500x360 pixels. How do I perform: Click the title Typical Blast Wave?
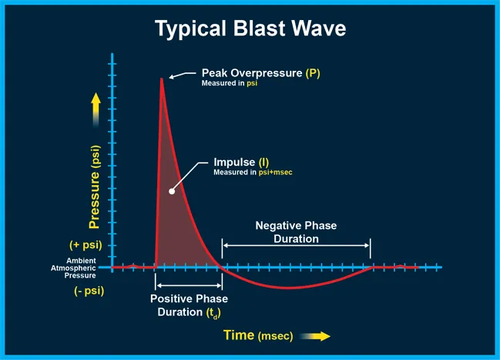pos(250,29)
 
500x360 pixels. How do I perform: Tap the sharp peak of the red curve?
pos(161,79)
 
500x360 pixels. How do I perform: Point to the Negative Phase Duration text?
pos(296,232)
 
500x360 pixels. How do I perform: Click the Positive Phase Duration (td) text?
pos(189,306)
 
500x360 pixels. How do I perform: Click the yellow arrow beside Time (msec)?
pos(315,336)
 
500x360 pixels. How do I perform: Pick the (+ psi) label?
pos(86,245)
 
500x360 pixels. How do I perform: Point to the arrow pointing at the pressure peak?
pos(182,75)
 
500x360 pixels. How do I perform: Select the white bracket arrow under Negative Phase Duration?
pos(296,247)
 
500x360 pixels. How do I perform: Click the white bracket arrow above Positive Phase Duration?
pos(189,286)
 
